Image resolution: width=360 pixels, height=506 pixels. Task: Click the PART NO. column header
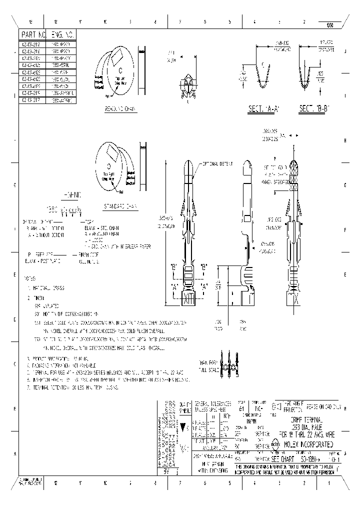[x=33, y=34]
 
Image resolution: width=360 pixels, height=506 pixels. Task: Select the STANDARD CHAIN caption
[x=120, y=205]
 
